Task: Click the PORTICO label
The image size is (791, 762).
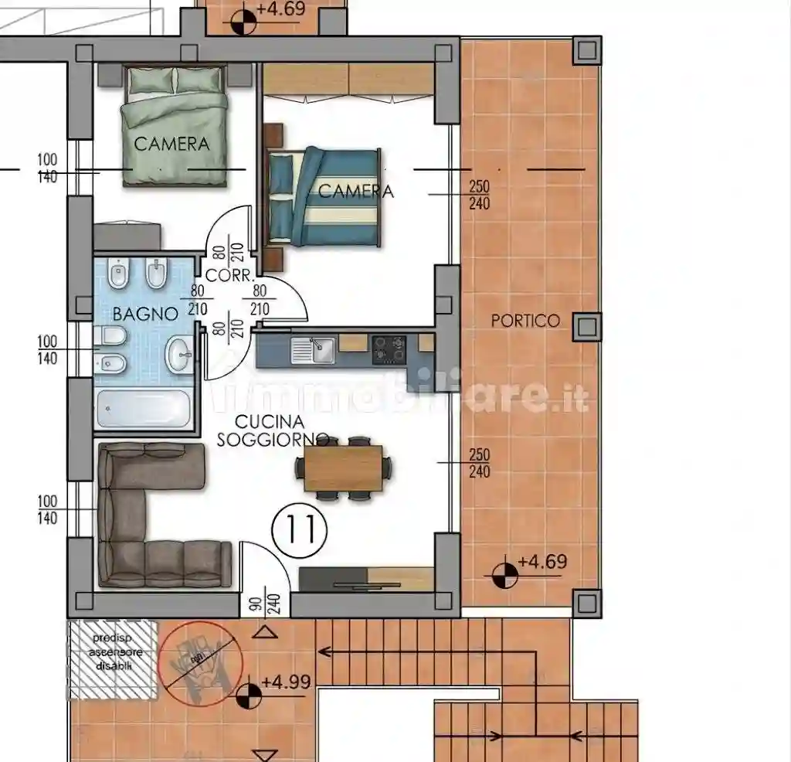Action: pos(525,320)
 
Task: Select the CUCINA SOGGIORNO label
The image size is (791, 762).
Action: pos(268,431)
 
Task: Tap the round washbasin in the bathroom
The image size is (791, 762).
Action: pos(180,356)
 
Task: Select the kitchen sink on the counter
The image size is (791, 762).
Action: pos(313,350)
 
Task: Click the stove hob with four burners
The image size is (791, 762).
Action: pos(388,349)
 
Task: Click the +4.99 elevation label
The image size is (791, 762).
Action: pos(285,682)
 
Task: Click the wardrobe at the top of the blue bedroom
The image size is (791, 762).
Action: pos(348,81)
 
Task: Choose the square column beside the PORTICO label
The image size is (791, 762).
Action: pos(586,327)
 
